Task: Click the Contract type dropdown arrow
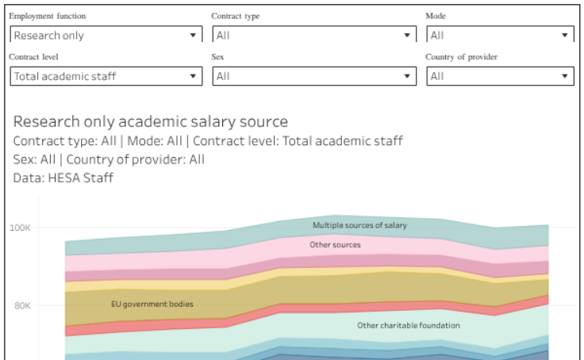pyautogui.click(x=406, y=36)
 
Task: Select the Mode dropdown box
pyautogui.click(x=500, y=36)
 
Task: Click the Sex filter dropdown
pyautogui.click(x=314, y=77)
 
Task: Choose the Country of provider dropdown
pyautogui.click(x=500, y=77)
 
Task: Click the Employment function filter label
pyautogui.click(x=47, y=16)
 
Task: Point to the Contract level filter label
pyautogui.click(x=33, y=57)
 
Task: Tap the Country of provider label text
pyautogui.click(x=462, y=57)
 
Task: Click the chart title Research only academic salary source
pyautogui.click(x=151, y=122)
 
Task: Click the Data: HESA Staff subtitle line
pyautogui.click(x=63, y=178)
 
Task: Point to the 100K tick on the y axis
pyautogui.click(x=20, y=228)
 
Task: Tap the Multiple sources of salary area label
pyautogui.click(x=359, y=225)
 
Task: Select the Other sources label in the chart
pyautogui.click(x=335, y=245)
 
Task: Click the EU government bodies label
pyautogui.click(x=152, y=304)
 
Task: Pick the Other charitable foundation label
pyautogui.click(x=408, y=325)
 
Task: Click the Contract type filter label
pyautogui.click(x=235, y=16)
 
